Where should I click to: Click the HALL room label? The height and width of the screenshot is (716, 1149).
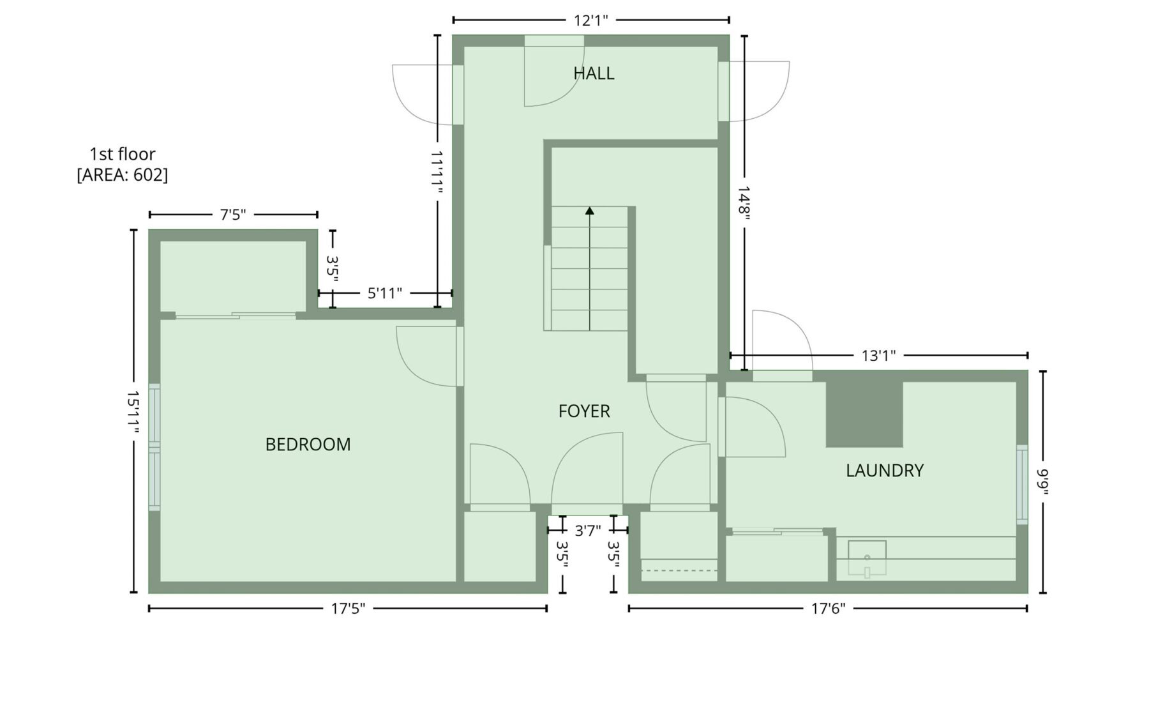pos(594,73)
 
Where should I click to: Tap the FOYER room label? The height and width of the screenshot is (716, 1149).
pos(584,411)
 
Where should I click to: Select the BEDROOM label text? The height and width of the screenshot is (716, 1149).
pos(308,445)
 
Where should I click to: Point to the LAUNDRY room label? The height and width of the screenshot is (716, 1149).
pos(885,471)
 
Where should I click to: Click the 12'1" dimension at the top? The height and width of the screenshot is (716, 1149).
pos(590,20)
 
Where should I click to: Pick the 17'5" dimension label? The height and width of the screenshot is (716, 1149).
pos(348,609)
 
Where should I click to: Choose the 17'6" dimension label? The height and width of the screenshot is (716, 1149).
pos(828,609)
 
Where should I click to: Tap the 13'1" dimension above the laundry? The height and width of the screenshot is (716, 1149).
pos(878,356)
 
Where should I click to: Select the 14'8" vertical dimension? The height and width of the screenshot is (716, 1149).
pos(744,202)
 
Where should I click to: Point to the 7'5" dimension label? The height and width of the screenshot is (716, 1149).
pos(233,215)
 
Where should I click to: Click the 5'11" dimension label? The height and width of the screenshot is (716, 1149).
pos(385,293)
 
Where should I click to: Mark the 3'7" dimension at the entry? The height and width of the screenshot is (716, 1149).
pos(587,530)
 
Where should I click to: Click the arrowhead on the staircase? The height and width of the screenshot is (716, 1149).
pos(590,210)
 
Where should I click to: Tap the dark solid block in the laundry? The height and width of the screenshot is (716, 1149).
pos(864,414)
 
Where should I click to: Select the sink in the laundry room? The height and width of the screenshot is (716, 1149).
pos(867,558)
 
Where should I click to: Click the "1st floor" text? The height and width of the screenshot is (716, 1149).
pos(122,154)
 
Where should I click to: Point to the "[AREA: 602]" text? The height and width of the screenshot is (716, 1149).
pos(122,174)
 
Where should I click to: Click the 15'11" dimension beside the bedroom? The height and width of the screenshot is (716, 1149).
pos(133,412)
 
